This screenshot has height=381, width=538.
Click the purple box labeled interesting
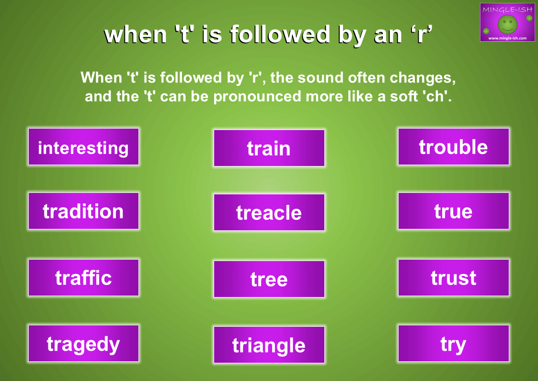click(83, 147)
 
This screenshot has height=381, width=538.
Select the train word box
click(269, 148)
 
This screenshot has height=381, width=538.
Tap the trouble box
click(453, 147)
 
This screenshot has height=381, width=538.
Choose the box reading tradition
click(83, 211)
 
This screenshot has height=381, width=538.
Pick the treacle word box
click(269, 213)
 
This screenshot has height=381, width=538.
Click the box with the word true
click(453, 211)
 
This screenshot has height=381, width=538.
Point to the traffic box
click(83, 278)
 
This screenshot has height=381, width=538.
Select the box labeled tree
click(269, 279)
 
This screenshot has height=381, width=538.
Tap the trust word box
click(453, 278)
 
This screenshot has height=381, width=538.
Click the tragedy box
click(83, 344)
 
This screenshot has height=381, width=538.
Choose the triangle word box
click(269, 345)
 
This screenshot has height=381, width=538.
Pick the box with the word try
click(453, 344)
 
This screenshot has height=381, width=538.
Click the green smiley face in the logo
click(507, 24)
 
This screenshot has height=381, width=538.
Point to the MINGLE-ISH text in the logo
click(507, 10)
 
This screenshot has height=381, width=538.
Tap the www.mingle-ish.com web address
click(507, 38)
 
